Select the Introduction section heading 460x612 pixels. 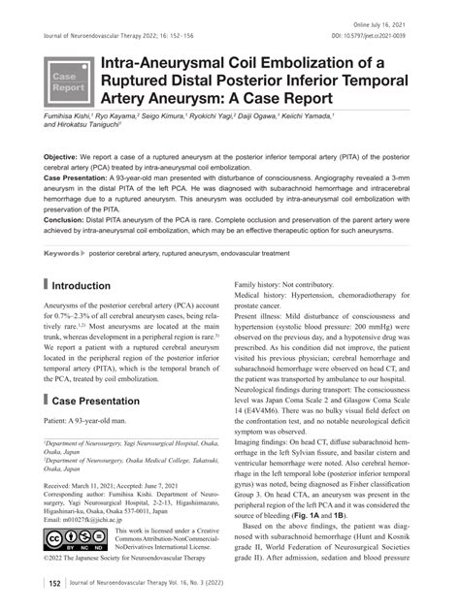point(89,286)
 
